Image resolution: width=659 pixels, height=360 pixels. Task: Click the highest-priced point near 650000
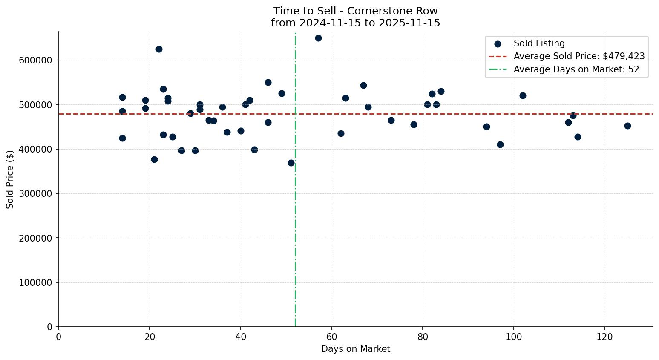click(318, 38)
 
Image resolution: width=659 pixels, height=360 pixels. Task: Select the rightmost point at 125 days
click(627, 126)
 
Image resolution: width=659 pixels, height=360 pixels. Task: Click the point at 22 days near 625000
click(159, 49)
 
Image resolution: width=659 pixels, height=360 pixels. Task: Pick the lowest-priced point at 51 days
click(291, 163)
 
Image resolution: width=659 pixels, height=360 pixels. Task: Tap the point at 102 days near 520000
click(523, 95)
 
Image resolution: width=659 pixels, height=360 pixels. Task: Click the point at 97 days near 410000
click(500, 144)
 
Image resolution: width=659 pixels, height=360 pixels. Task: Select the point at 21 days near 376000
click(154, 159)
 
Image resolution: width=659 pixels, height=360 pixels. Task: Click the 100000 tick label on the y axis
click(35, 283)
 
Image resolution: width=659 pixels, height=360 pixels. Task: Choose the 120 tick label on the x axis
click(604, 337)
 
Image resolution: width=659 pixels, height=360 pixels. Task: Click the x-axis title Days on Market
click(356, 349)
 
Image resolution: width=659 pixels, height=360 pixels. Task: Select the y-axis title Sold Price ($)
click(10, 179)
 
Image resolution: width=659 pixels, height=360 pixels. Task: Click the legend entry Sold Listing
click(539, 43)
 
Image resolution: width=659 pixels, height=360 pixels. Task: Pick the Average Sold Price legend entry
click(579, 56)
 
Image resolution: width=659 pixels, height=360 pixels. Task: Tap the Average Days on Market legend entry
click(576, 69)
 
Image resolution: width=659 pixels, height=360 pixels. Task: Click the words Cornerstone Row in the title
click(392, 11)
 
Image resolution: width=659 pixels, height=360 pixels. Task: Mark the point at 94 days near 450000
click(486, 127)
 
